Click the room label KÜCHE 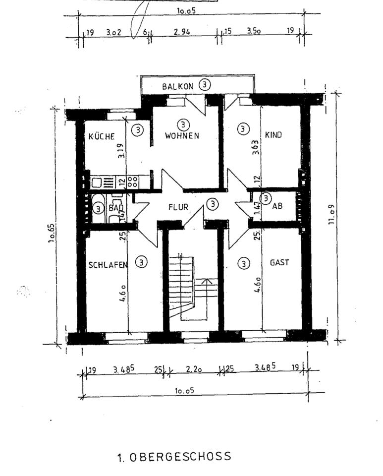pyautogui.click(x=102, y=136)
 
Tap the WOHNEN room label pyautogui.click(x=182, y=135)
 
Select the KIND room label pyautogui.click(x=274, y=134)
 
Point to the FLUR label pyautogui.click(x=178, y=207)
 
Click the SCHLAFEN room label pyautogui.click(x=108, y=265)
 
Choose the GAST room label pyautogui.click(x=279, y=263)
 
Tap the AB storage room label pyautogui.click(x=277, y=206)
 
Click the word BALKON pyautogui.click(x=177, y=86)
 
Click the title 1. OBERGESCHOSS pyautogui.click(x=174, y=457)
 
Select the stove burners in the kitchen pyautogui.click(x=132, y=181)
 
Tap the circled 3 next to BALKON pyautogui.click(x=205, y=85)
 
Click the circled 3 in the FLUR pyautogui.click(x=213, y=204)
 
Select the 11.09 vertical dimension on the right pyautogui.click(x=332, y=216)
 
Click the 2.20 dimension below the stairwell pyautogui.click(x=194, y=369)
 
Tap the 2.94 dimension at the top pyautogui.click(x=182, y=32)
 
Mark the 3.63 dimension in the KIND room pyautogui.click(x=255, y=147)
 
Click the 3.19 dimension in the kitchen pyautogui.click(x=121, y=150)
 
